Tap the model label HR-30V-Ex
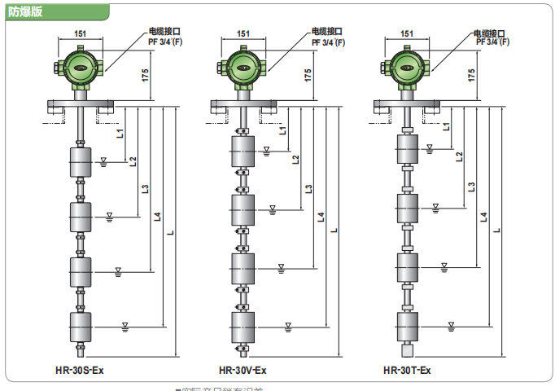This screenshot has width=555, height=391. point(243,371)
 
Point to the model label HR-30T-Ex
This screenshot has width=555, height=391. point(407,371)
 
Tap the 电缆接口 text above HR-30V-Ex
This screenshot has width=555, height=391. point(326,32)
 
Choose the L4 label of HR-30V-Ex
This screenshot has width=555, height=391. point(321,217)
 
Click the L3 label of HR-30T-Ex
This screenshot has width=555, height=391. point(472,187)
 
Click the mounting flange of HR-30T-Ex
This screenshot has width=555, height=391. point(408,103)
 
